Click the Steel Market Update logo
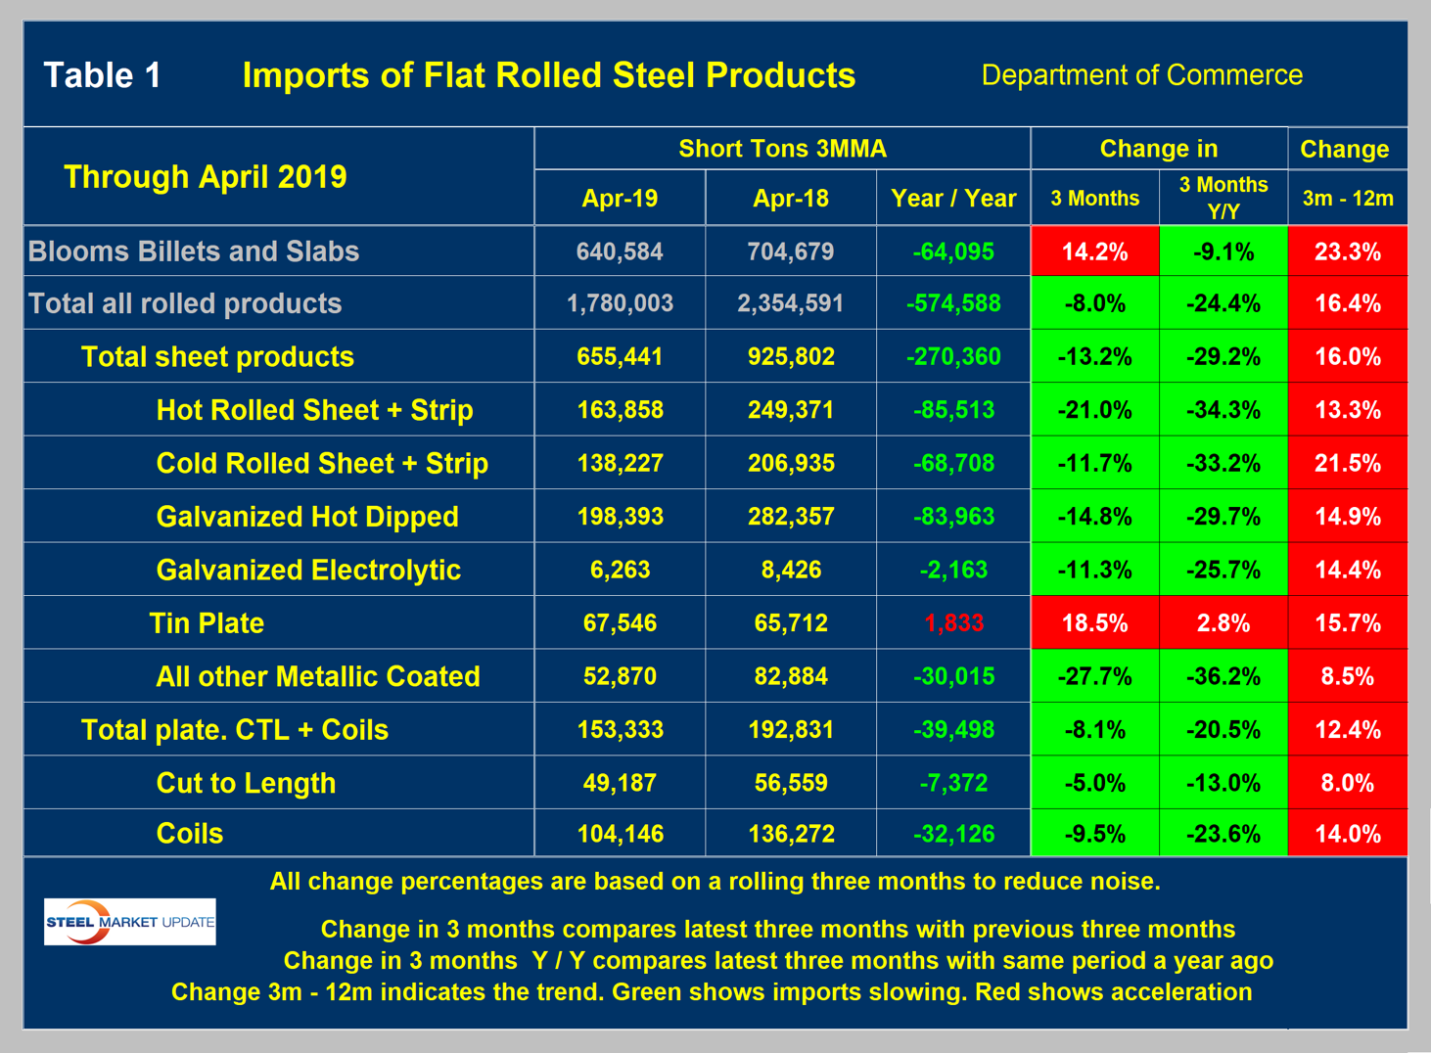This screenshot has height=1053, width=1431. (129, 922)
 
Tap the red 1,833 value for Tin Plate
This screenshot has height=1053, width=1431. (953, 623)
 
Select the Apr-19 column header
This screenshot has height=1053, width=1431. (620, 199)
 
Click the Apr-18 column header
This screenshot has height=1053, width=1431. (790, 199)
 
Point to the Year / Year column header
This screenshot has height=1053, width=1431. (953, 199)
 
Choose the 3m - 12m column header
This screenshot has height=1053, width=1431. (1347, 199)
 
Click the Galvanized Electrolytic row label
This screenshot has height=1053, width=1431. (308, 570)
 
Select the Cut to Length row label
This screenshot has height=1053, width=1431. (246, 783)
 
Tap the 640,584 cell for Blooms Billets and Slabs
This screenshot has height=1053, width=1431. (620, 252)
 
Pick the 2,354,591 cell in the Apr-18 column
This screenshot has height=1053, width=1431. (790, 303)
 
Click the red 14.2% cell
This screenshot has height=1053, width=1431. (1094, 252)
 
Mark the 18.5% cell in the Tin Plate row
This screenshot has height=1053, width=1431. (1094, 623)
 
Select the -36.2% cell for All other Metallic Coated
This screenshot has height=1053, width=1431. (1223, 676)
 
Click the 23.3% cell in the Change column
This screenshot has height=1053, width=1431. (1347, 252)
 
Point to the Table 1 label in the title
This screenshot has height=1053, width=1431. (103, 75)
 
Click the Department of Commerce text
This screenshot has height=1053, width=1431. (1141, 75)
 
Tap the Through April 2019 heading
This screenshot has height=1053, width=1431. (205, 177)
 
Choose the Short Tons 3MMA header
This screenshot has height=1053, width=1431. (782, 149)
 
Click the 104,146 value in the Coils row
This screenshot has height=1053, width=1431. (620, 834)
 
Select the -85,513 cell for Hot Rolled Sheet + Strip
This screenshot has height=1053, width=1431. (953, 410)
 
